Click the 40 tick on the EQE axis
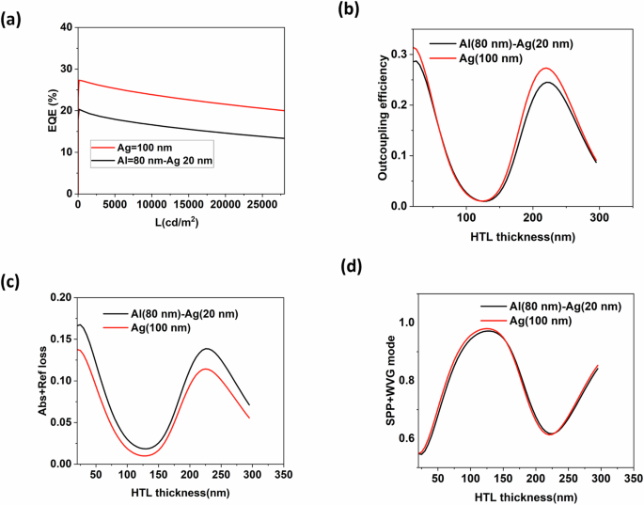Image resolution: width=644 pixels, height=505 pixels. [66, 27]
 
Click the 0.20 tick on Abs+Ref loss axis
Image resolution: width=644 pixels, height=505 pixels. [59, 297]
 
